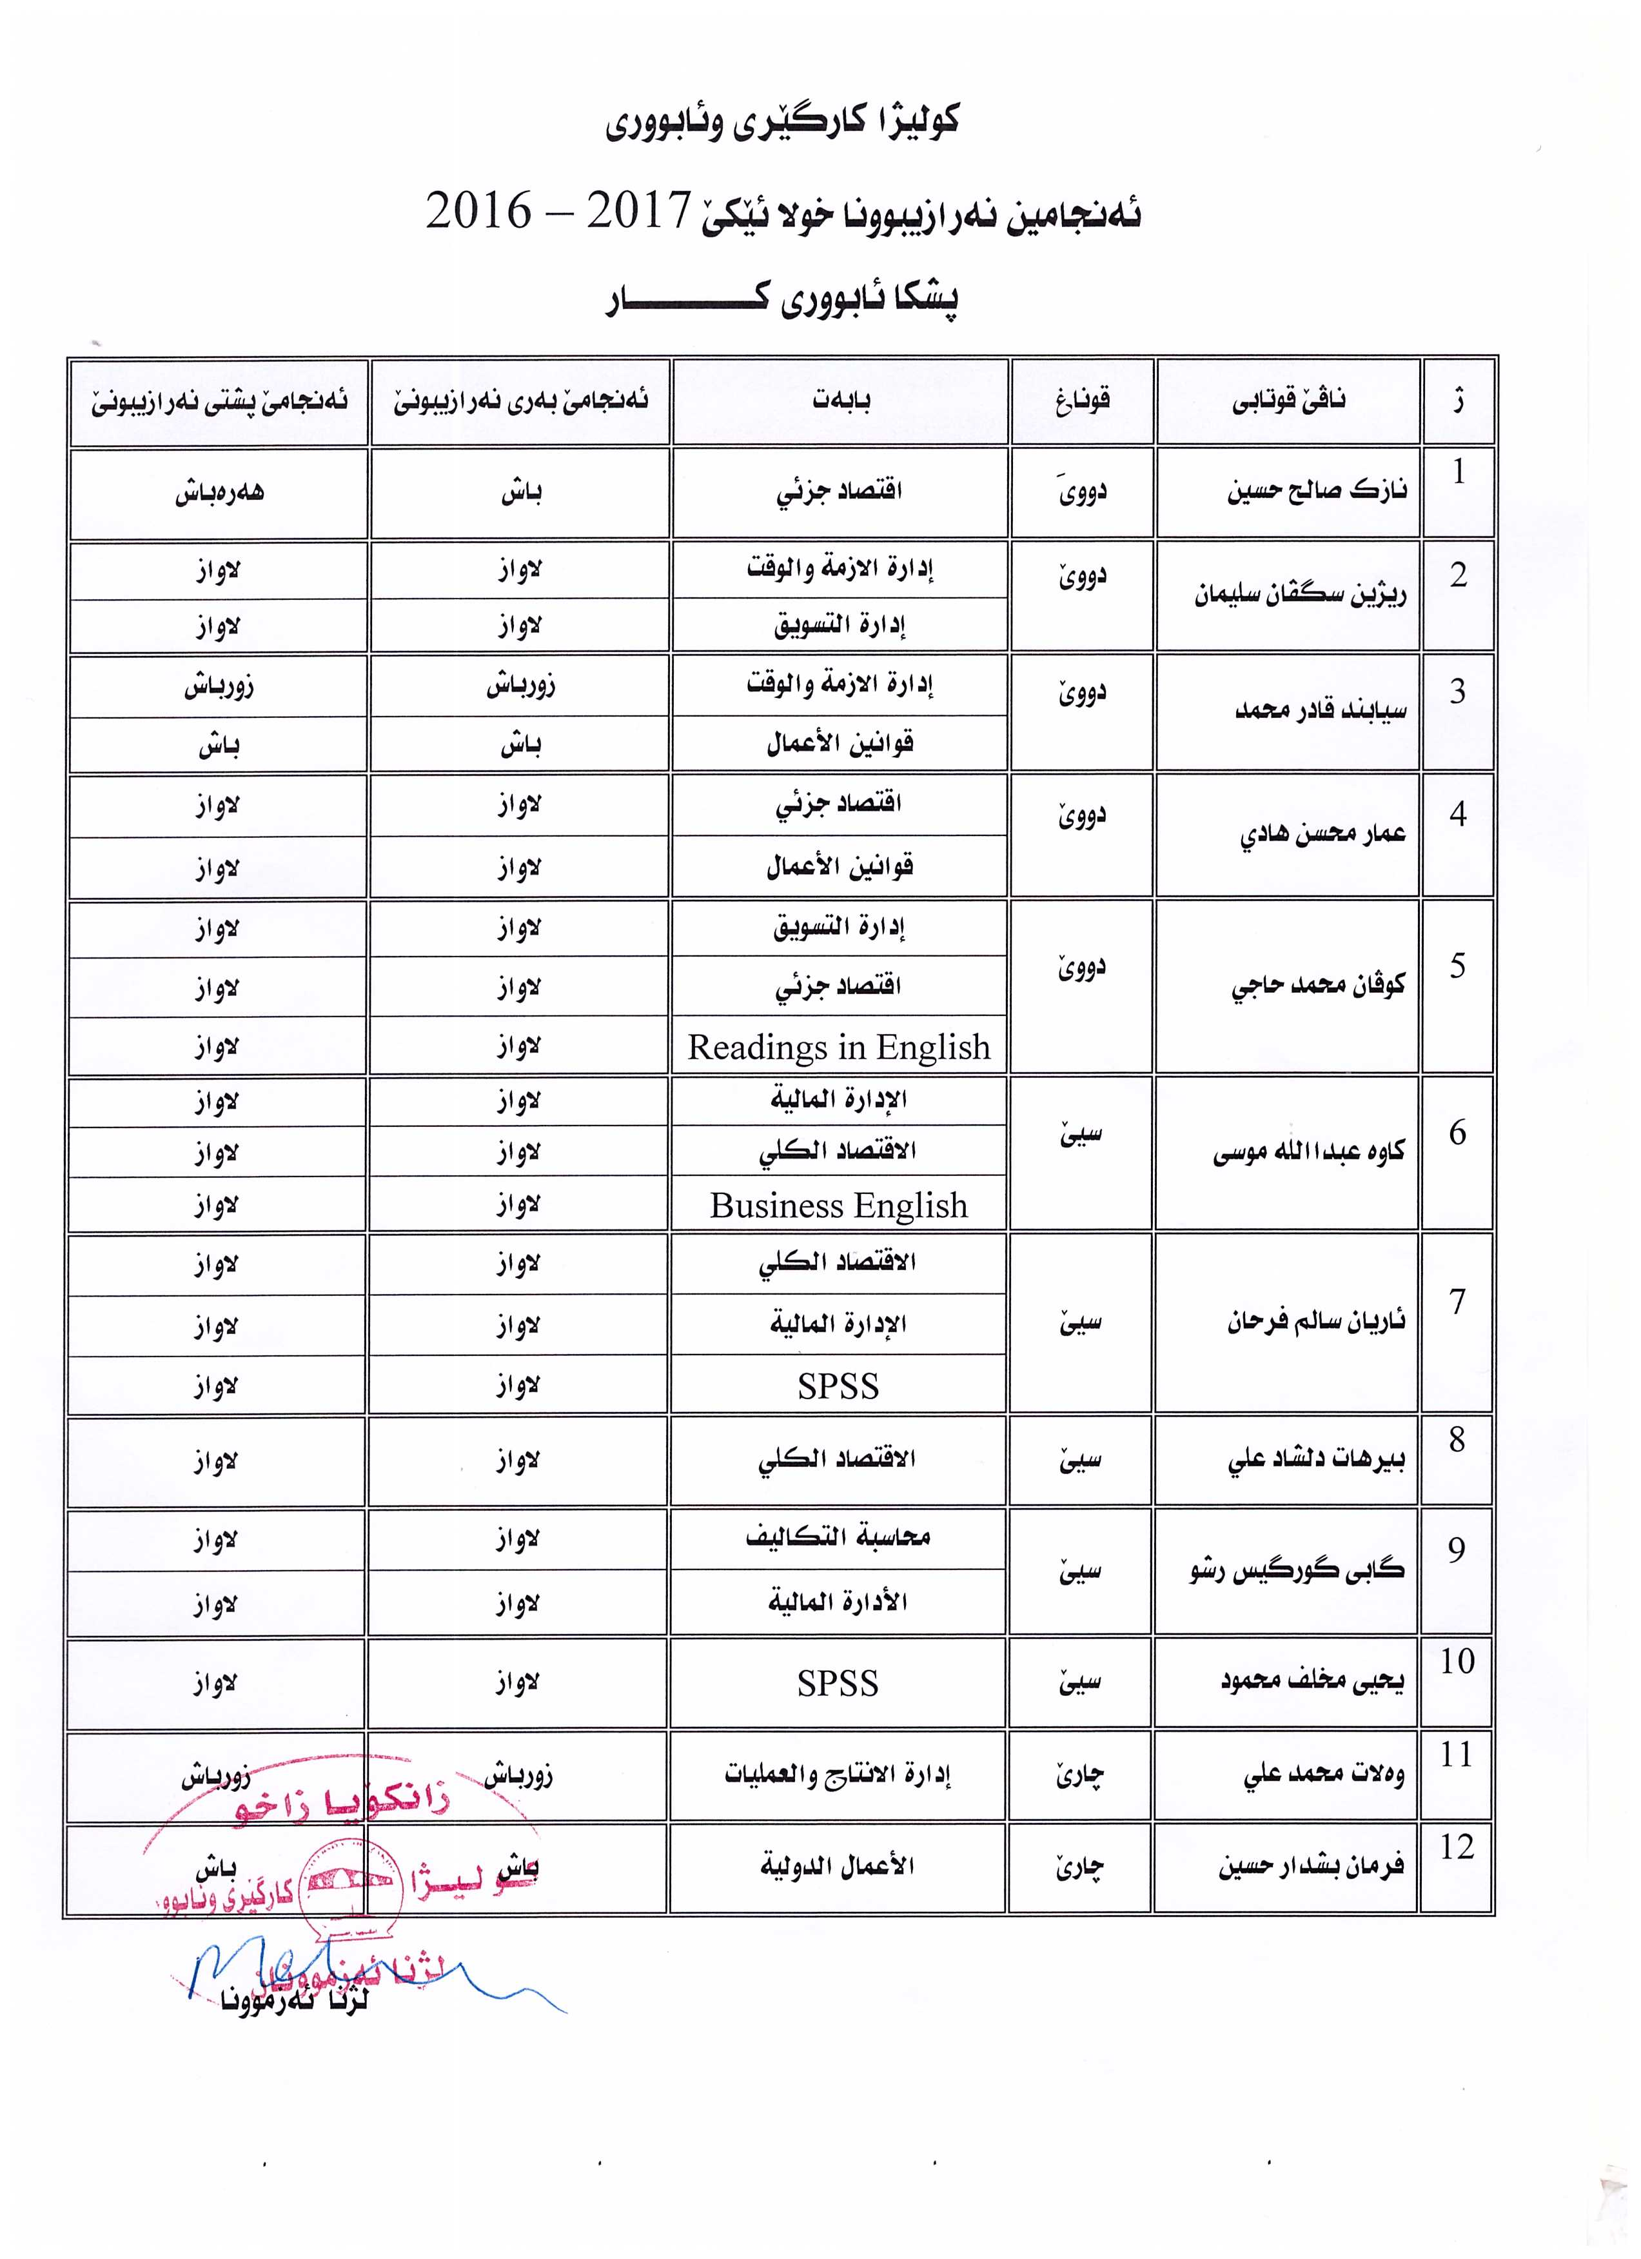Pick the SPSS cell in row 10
click(838, 1684)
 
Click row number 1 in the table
click(1458, 472)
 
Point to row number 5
click(1458, 965)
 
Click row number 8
click(1457, 1439)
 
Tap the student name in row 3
click(1321, 711)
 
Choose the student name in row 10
click(1312, 1681)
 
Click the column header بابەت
click(840, 401)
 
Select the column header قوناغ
click(1083, 401)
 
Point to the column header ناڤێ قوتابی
click(1288, 401)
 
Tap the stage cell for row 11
click(1081, 1775)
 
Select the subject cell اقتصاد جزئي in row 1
click(840, 492)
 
